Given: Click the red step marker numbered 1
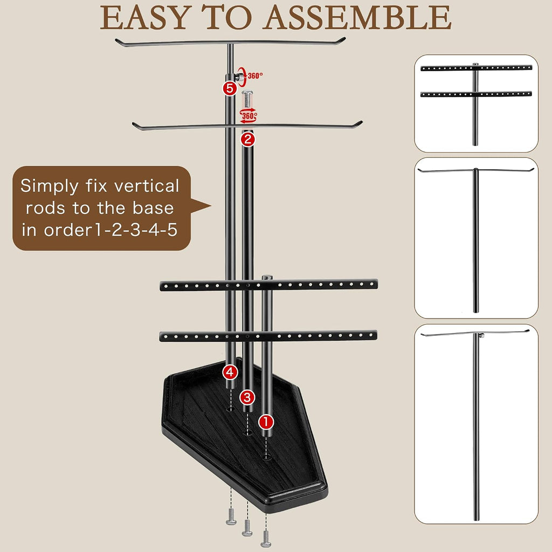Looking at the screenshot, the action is click(x=266, y=422).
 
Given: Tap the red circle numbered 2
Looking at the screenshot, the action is click(x=247, y=140).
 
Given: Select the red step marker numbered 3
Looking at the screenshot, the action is click(x=247, y=397).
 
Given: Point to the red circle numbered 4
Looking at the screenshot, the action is click(x=230, y=372).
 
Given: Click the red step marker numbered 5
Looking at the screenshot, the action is click(x=230, y=88).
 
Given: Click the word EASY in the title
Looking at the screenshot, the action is click(x=148, y=18).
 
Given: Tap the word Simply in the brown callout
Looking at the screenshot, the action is click(x=49, y=187).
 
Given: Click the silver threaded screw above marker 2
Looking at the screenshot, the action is click(x=247, y=99).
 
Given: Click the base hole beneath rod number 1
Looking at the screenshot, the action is click(x=266, y=457).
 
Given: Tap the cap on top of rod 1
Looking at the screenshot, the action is click(x=267, y=278).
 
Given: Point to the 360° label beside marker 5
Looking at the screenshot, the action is click(x=255, y=75).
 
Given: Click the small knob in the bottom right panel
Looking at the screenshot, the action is click(x=481, y=335).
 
